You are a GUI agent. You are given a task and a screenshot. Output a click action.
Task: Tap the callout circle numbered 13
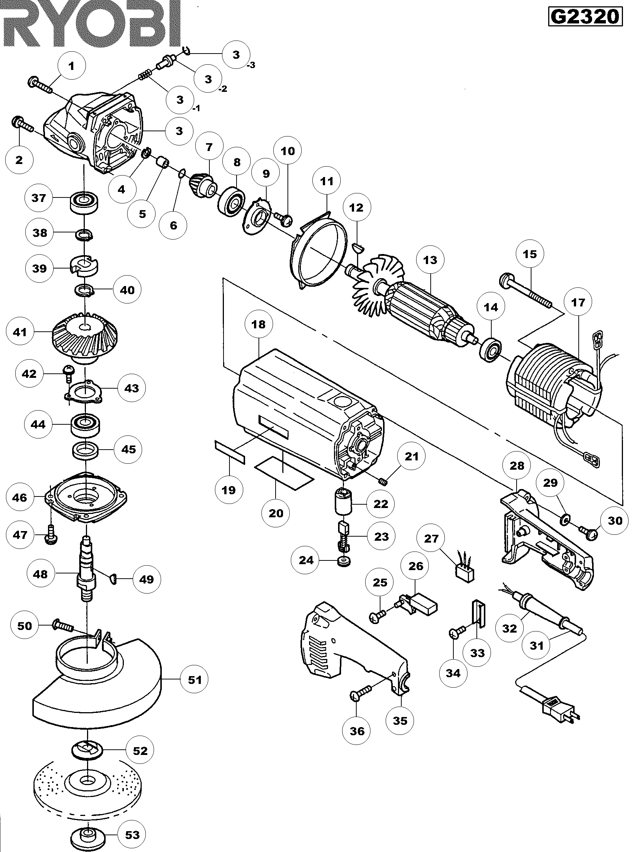point(430,260)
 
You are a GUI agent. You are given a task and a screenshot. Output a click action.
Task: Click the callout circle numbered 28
point(517,466)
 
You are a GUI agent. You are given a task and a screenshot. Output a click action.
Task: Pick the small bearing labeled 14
point(491,347)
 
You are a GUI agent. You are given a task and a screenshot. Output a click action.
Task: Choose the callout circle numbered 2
point(19,160)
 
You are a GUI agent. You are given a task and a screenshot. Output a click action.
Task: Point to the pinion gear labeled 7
point(202,185)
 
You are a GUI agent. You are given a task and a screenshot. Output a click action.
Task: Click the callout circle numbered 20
point(276,513)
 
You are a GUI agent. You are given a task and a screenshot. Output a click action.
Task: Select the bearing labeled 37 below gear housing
point(84,202)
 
